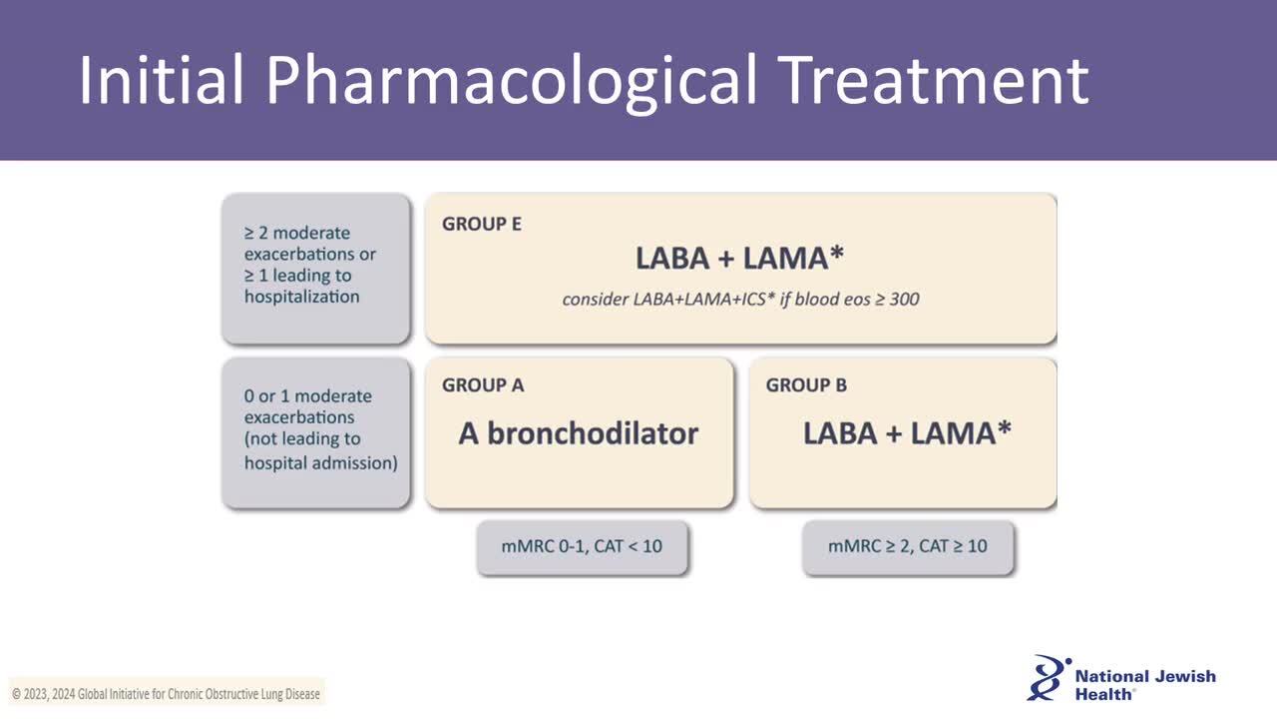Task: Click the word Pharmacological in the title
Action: point(511,82)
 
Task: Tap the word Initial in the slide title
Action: point(162,79)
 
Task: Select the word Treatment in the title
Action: point(933,80)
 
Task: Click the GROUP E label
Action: point(482,224)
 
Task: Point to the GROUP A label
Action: point(483,385)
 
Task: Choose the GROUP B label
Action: point(806,385)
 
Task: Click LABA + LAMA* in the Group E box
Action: point(739,258)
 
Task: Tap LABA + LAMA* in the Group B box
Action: point(907,432)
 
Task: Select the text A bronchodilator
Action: point(578,433)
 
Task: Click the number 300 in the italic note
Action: point(904,299)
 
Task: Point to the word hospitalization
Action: point(301,297)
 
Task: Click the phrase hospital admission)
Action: point(321,462)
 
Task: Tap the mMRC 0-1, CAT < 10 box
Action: point(582,546)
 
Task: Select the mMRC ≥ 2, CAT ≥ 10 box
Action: point(908,546)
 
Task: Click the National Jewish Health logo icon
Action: point(1048,678)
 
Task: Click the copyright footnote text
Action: point(166,694)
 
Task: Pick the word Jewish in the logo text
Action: point(1183,677)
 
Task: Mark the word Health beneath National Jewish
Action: point(1103,694)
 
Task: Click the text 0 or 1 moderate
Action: point(308,396)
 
